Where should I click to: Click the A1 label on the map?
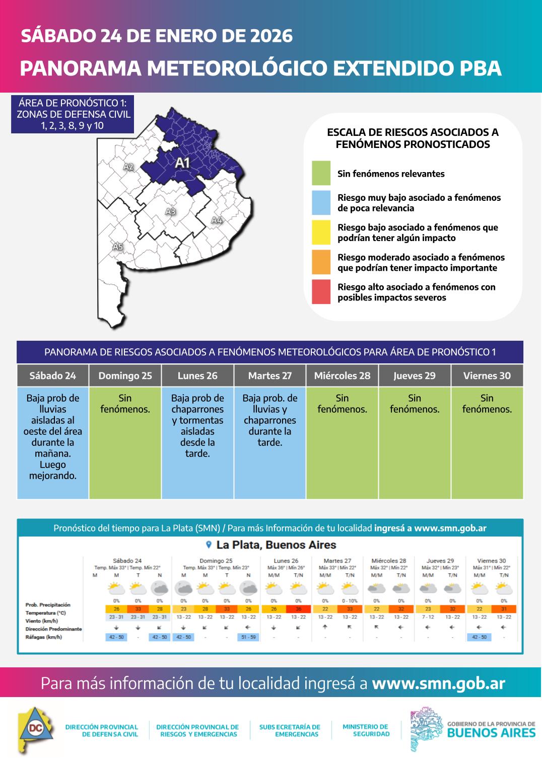click(182, 163)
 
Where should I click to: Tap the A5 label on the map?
click(117, 247)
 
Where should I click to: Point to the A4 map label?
click(217, 220)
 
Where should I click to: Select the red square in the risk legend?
click(321, 292)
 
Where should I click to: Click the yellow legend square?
click(321, 232)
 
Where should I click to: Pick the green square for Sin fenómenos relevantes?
click(321, 173)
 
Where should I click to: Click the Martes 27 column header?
click(269, 375)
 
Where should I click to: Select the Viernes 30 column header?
click(487, 375)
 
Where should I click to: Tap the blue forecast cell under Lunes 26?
click(197, 442)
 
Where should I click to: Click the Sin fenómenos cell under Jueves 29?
click(414, 442)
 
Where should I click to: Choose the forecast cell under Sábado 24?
click(53, 442)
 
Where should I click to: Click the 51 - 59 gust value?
click(248, 637)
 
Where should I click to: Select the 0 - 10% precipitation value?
click(350, 601)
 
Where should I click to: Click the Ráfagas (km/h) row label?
click(44, 637)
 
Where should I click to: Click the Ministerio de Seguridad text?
click(366, 730)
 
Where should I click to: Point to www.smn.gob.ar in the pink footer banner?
click(438, 683)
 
